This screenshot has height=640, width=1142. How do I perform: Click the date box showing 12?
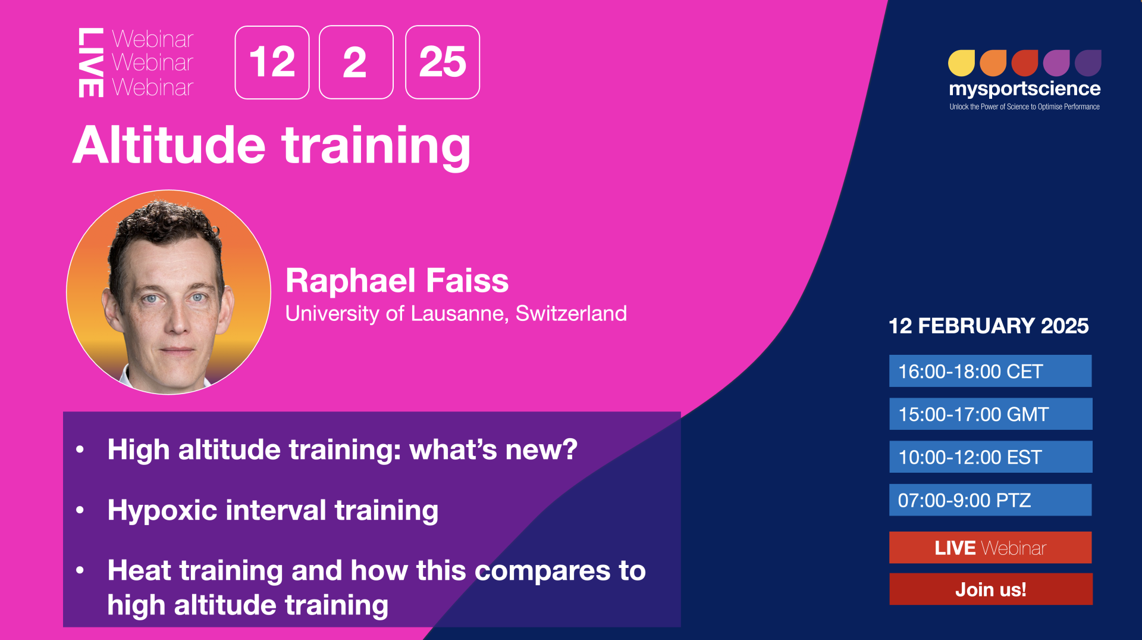click(x=272, y=62)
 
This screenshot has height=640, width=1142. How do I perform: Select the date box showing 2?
click(x=356, y=62)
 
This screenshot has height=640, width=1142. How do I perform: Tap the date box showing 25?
click(x=442, y=62)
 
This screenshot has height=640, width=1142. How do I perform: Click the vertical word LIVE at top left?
click(x=91, y=63)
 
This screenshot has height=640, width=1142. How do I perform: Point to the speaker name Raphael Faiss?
click(x=397, y=280)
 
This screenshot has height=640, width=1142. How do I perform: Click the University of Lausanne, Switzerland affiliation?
click(x=456, y=313)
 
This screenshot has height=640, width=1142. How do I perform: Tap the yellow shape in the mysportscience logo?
click(x=961, y=63)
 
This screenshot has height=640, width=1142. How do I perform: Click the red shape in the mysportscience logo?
click(x=1025, y=63)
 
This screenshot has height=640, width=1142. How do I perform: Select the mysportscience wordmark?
click(x=1025, y=89)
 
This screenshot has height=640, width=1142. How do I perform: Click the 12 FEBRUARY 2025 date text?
click(x=989, y=326)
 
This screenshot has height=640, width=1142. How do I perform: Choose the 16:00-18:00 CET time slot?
click(x=990, y=371)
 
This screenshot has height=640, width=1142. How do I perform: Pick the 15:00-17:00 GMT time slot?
click(x=990, y=414)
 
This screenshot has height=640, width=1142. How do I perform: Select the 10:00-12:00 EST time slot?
click(x=990, y=457)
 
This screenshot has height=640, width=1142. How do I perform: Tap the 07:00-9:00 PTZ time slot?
click(x=990, y=499)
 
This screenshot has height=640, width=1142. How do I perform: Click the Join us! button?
click(x=990, y=589)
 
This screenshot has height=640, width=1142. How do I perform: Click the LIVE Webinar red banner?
click(x=990, y=547)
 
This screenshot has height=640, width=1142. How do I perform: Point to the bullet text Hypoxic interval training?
click(x=273, y=511)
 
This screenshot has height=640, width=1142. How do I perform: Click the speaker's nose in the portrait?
click(x=176, y=316)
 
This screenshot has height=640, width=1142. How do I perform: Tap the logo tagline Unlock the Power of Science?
click(x=1024, y=107)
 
